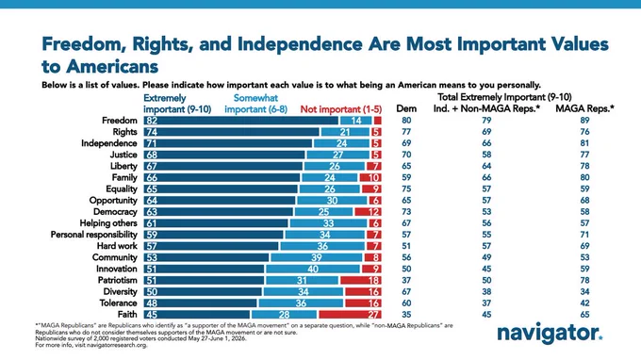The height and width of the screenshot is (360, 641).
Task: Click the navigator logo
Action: (550, 334)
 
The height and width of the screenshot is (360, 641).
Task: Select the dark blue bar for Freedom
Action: (240, 121)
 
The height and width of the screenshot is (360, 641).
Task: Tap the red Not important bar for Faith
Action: (350, 315)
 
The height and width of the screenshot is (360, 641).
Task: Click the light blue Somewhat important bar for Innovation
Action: (313, 269)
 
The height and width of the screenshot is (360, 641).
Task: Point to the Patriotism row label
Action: (117, 280)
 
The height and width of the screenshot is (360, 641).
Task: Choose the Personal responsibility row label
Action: (94, 235)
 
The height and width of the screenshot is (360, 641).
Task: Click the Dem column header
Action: (406, 108)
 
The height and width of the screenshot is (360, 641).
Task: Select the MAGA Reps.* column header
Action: (584, 108)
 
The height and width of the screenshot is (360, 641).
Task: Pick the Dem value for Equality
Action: (406, 188)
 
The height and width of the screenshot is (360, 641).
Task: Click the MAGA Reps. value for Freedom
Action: (584, 120)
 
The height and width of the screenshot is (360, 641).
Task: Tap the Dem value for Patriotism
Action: (406, 280)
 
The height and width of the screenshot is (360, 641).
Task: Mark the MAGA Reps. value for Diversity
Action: (584, 292)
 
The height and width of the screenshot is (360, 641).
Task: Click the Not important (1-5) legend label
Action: (341, 109)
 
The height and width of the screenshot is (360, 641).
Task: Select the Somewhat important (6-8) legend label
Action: (255, 104)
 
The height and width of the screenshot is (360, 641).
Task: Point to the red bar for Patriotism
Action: (360, 280)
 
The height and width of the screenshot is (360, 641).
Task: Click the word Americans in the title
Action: (112, 66)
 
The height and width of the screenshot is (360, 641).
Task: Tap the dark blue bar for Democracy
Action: (219, 212)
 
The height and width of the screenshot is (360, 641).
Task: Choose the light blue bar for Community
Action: (317, 257)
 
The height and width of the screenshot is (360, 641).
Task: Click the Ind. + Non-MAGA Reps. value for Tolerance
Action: (486, 303)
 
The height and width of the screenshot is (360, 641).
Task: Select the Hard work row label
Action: (117, 246)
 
